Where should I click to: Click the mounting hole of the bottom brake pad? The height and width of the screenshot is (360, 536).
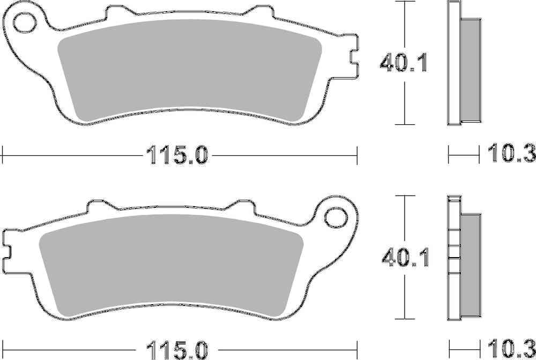click(337, 217)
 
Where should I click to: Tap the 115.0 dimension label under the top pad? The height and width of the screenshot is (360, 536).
click(174, 156)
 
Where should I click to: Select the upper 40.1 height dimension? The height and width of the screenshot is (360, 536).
click(403, 63)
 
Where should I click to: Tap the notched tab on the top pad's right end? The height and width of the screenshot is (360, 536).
click(352, 55)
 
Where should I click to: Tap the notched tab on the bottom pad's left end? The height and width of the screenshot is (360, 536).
click(7, 251)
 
